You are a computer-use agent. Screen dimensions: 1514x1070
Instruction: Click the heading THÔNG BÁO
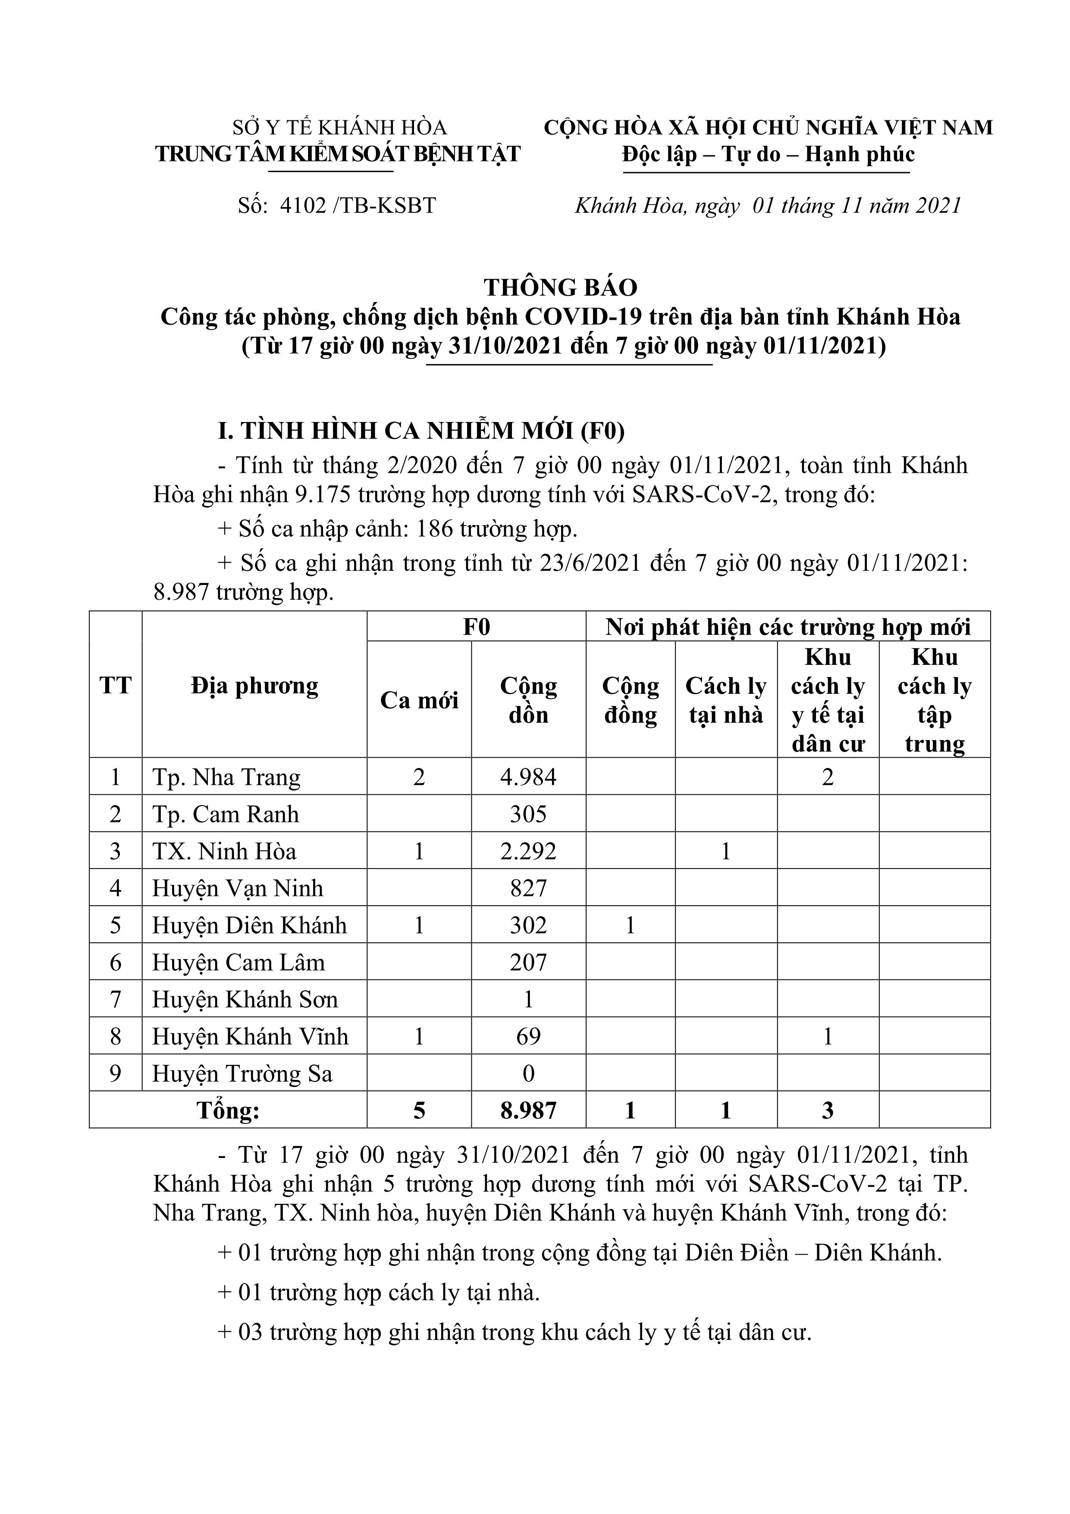pyautogui.click(x=560, y=287)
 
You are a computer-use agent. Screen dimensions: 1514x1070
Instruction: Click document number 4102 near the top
pyautogui.click(x=303, y=206)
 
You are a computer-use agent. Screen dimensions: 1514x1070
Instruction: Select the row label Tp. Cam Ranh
pyautogui.click(x=226, y=814)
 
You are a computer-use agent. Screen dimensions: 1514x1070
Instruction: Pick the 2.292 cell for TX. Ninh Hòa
pyautogui.click(x=528, y=851)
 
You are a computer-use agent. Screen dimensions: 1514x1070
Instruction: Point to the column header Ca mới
pyautogui.click(x=419, y=700)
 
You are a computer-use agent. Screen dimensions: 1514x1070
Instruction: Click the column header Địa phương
pyautogui.click(x=254, y=686)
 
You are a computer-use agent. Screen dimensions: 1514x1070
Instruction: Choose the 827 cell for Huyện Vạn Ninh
pyautogui.click(x=528, y=888)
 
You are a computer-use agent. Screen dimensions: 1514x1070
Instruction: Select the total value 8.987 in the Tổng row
pyautogui.click(x=528, y=1111)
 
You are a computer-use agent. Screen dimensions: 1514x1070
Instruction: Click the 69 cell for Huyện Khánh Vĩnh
pyautogui.click(x=528, y=1037)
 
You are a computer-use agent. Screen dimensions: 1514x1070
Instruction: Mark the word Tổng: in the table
pyautogui.click(x=228, y=1111)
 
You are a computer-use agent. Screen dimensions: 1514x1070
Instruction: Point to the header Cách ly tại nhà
pyautogui.click(x=726, y=700)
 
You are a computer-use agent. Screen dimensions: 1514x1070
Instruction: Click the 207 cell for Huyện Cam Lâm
pyautogui.click(x=528, y=963)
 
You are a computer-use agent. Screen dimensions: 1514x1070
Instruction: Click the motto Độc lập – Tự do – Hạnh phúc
pyautogui.click(x=768, y=154)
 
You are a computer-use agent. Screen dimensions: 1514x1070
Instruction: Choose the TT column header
pyautogui.click(x=116, y=686)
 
